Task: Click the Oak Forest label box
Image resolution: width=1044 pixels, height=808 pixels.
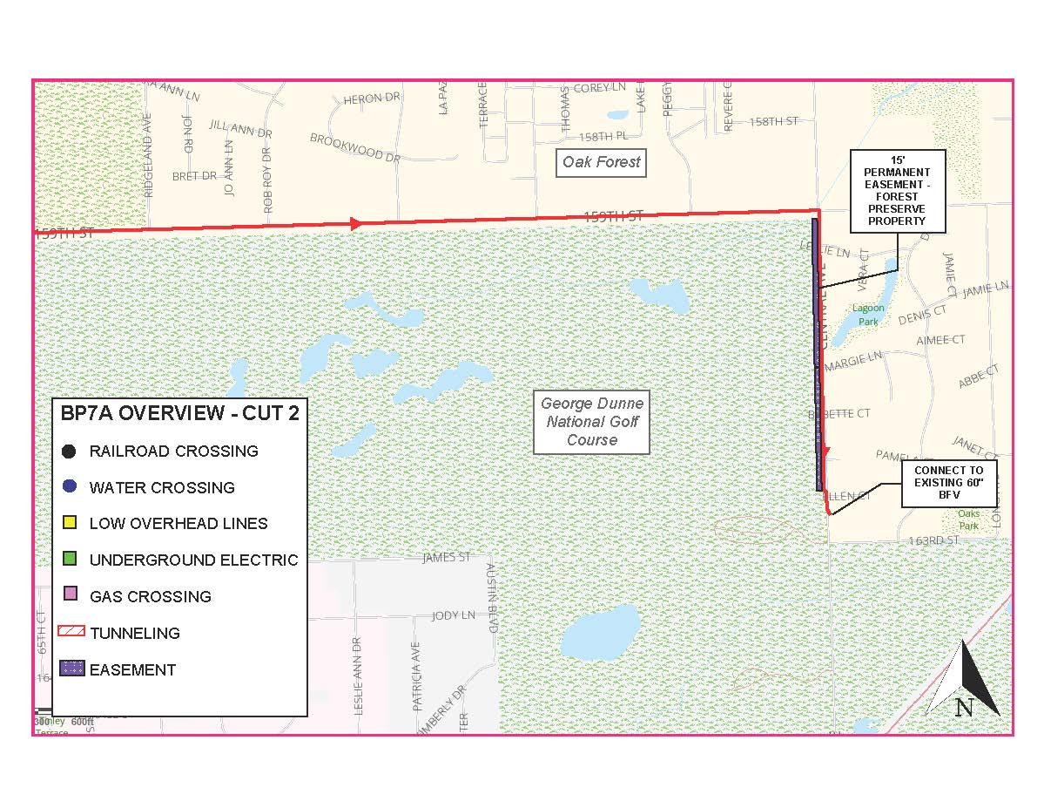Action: coord(601,162)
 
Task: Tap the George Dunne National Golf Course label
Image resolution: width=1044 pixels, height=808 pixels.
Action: coord(592,422)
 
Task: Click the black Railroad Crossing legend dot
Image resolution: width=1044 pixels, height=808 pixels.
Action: coord(71,452)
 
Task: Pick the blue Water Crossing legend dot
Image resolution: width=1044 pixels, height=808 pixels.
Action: coord(71,487)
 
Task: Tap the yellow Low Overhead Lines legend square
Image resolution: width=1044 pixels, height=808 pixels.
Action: coord(71,524)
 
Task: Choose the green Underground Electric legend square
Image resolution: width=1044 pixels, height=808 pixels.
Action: coord(71,560)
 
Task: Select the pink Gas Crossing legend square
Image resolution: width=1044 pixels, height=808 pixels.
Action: coord(71,596)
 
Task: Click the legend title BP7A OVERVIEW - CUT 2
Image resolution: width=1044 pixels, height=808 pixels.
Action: coord(179,413)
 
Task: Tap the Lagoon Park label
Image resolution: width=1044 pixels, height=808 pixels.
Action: coord(868,315)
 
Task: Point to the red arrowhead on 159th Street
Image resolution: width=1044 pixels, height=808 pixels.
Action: coord(355,223)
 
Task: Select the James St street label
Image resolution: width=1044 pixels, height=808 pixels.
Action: coord(446,557)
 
